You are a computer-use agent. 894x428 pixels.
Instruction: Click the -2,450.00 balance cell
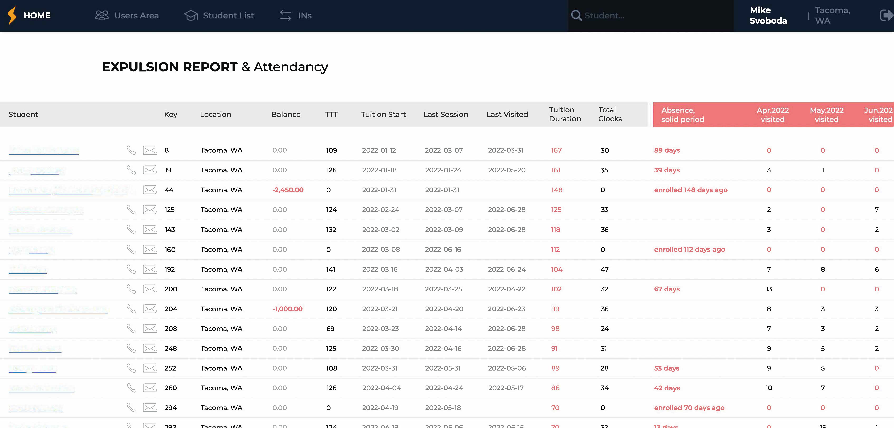coord(288,190)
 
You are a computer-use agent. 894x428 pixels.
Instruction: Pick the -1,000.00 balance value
coord(287,309)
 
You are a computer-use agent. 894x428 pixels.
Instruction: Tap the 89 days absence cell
coord(667,150)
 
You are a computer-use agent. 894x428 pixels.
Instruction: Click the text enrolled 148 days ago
coord(691,190)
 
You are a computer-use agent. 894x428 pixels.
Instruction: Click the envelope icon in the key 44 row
coord(150,190)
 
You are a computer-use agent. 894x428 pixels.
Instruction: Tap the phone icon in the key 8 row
coord(131,150)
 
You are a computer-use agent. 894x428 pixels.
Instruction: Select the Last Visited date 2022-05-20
coord(507,170)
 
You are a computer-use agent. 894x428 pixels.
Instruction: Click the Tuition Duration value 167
coord(556,150)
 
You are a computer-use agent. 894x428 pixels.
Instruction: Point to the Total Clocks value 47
coord(604,269)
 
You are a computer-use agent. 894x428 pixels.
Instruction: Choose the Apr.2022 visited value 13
coord(769,289)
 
